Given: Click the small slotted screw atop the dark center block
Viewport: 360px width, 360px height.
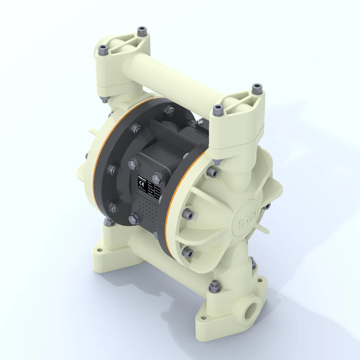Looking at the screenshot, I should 199,122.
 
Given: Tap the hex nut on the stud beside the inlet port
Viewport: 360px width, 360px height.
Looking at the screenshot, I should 213,287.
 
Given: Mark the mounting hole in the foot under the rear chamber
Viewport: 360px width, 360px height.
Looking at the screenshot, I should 99,250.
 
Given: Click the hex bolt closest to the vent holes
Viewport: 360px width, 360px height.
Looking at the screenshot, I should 134,220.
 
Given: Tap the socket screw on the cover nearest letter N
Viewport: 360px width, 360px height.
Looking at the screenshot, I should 267,206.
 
